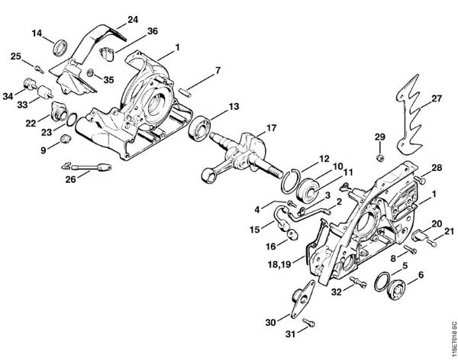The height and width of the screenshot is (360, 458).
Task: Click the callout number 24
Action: pyautogui.click(x=133, y=18)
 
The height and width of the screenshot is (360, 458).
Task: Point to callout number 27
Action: pyautogui.click(x=437, y=98)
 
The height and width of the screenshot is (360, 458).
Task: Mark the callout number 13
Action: pyautogui.click(x=234, y=105)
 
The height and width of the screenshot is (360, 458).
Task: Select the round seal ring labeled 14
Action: pyautogui.click(x=59, y=50)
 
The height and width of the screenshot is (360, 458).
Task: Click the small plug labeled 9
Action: pyautogui.click(x=64, y=138)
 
